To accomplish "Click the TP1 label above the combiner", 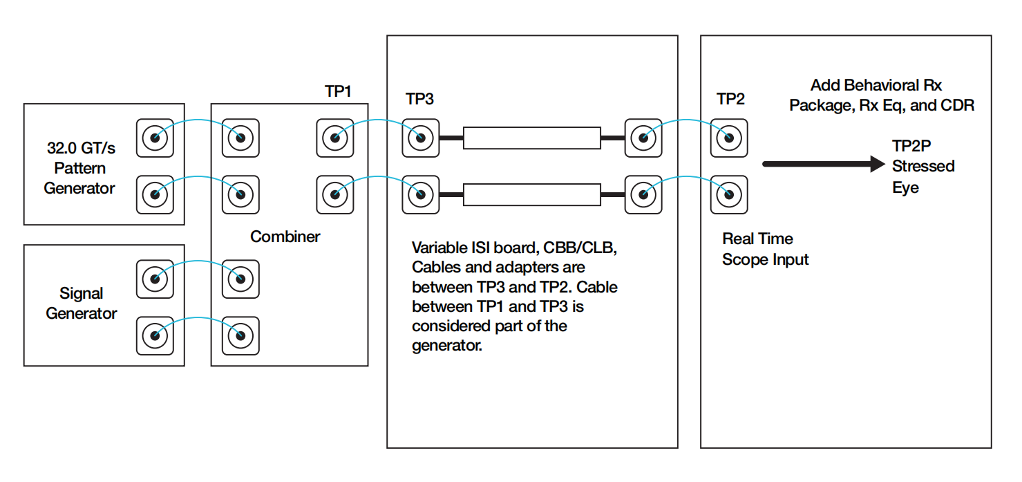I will tap(338, 91).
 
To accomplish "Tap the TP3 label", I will tap(419, 99).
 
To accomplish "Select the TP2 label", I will tap(730, 99).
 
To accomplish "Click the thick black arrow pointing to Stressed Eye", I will tap(822, 164).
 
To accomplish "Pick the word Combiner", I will tap(285, 237).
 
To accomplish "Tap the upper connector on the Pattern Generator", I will tap(155, 138).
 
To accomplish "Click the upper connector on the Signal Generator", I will tap(155, 279).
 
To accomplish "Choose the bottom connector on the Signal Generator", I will tap(155, 335).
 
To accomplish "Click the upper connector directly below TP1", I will tap(334, 138).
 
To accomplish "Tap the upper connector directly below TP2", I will tap(728, 138).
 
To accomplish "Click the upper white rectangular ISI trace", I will tap(531, 138).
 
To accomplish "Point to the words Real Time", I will tap(757, 239).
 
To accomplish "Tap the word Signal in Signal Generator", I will tap(82, 293).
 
